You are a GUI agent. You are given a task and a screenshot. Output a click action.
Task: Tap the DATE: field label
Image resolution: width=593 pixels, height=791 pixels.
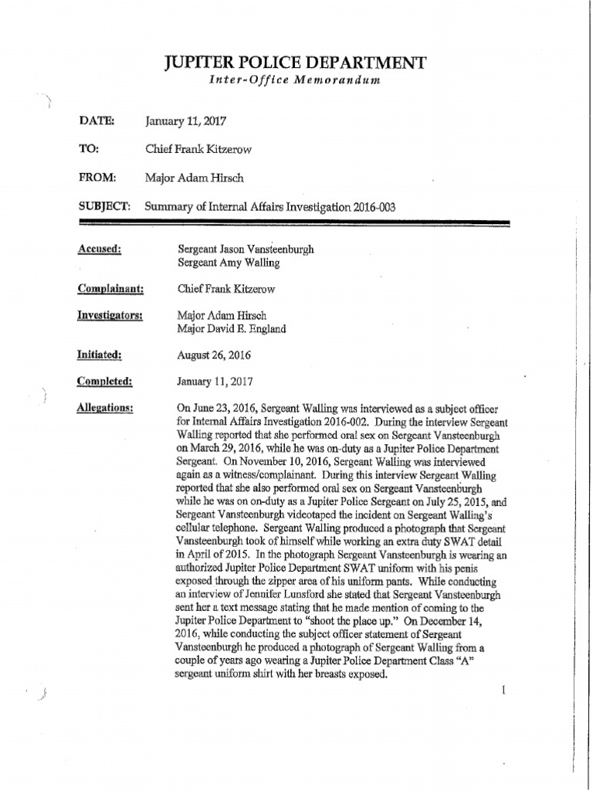pos(97,121)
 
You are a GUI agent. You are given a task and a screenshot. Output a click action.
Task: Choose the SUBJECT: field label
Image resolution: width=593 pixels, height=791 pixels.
pos(104,206)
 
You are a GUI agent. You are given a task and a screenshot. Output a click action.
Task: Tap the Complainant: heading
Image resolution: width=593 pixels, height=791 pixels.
pos(112,289)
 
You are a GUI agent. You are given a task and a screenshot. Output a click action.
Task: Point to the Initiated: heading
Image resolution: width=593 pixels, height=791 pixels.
pos(100,355)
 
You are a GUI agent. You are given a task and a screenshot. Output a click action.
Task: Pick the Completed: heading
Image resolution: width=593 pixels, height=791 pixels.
pos(105,381)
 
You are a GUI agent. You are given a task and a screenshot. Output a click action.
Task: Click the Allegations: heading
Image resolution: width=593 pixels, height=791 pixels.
pos(106,408)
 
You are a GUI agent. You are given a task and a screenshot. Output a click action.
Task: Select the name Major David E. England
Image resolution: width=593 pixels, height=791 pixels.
pos(232,328)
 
